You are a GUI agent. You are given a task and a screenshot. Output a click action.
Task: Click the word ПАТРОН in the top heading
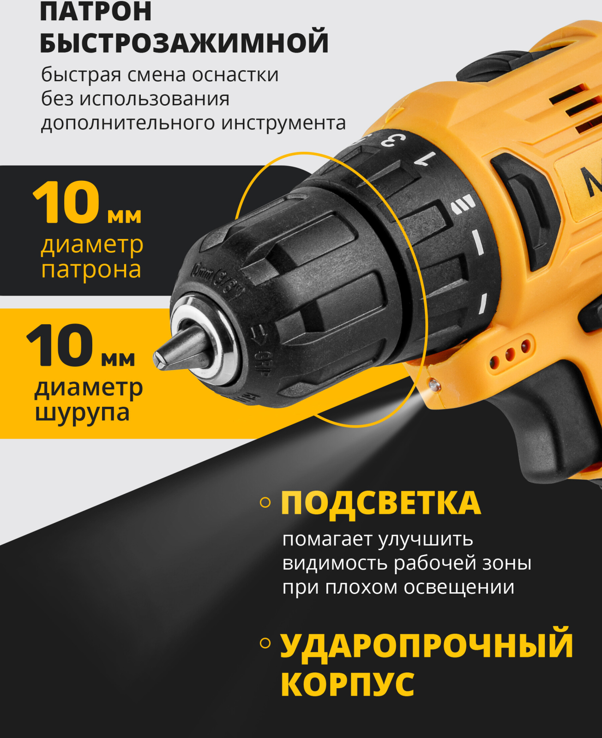pos(96,11)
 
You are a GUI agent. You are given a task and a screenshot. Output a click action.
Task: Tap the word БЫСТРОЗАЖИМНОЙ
pos(184,42)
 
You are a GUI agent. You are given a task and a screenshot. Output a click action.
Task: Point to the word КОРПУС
pos(347,684)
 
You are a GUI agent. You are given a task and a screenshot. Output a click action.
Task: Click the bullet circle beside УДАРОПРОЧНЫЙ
pos(265,643)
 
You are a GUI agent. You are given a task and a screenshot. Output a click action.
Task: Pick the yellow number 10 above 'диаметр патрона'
pos(66,203)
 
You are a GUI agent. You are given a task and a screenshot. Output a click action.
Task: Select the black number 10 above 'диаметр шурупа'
pos(60,345)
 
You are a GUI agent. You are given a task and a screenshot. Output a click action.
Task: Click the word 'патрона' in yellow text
pos(91,269)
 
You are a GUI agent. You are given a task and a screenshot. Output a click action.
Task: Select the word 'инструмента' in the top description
pos(283,123)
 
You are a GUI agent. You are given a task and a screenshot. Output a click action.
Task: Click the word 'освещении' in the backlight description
pos(459,587)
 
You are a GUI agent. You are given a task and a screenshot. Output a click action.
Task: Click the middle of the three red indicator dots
pos(510,354)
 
